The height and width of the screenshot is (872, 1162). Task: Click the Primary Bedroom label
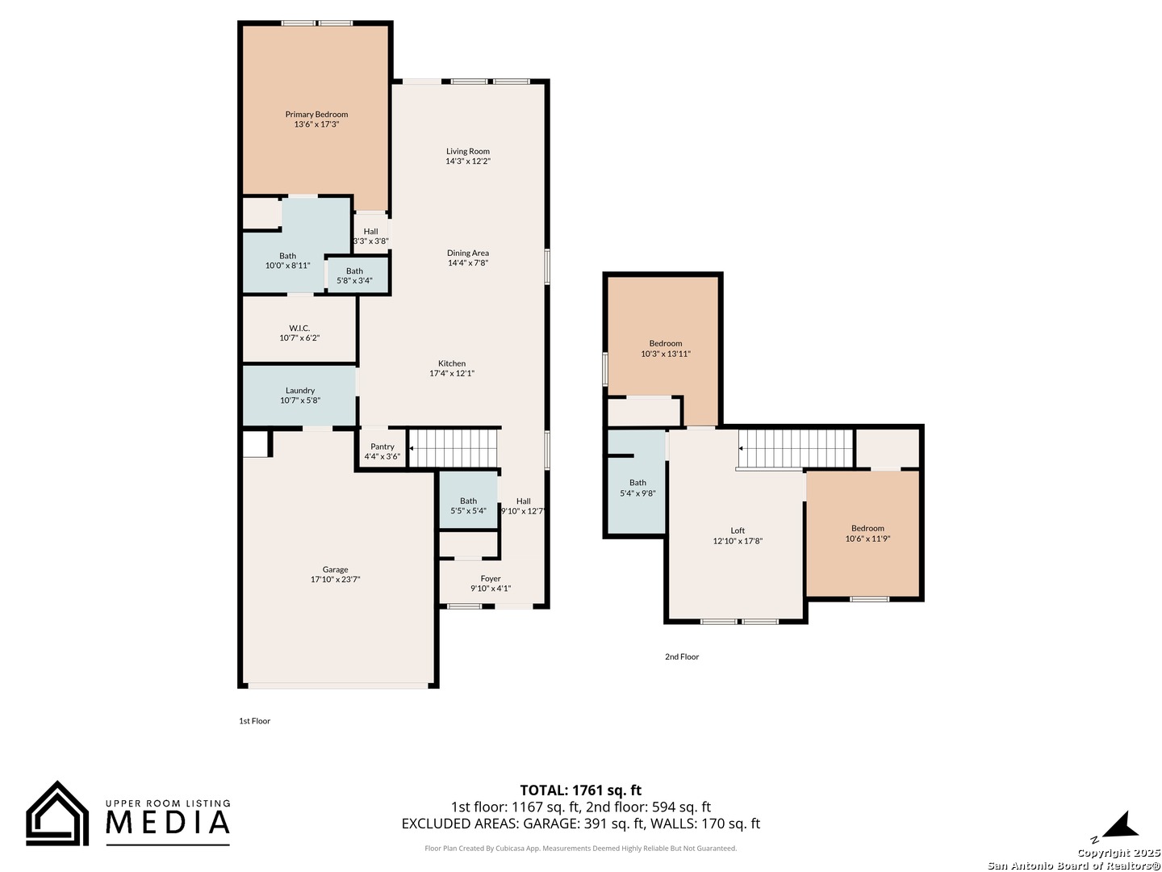316,115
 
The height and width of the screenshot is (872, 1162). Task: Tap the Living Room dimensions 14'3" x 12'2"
468,161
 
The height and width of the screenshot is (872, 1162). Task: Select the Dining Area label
468,253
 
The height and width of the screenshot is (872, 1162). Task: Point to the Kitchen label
452,363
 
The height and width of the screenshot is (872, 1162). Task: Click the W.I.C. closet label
299,328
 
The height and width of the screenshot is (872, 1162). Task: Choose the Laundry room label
300,391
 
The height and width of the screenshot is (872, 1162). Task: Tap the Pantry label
382,446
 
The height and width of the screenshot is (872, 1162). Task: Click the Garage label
335,569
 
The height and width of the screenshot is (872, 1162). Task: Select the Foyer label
491,578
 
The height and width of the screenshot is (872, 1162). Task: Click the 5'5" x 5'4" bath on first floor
468,505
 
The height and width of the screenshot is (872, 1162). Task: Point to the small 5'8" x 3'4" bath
354,275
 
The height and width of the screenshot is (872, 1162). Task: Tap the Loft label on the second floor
738,530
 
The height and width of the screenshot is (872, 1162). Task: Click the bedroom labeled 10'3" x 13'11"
666,349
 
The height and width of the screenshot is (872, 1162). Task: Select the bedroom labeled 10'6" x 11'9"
867,534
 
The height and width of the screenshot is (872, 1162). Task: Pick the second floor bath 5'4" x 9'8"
637,488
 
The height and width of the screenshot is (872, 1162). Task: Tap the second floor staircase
795,447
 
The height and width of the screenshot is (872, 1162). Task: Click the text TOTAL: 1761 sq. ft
580,790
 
